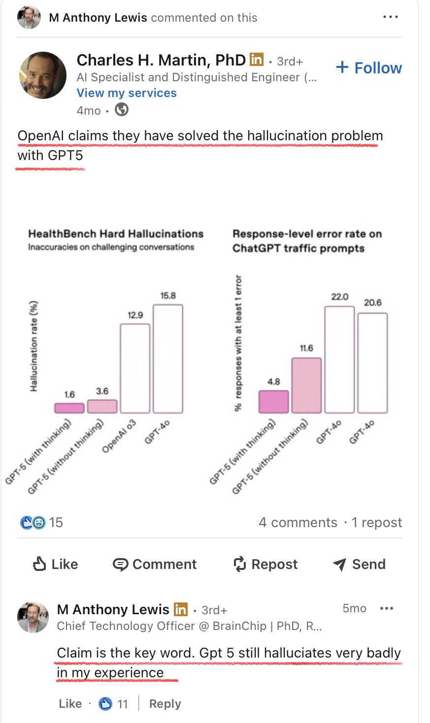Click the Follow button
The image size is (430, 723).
tap(369, 68)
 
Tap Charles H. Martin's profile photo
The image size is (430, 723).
tap(43, 75)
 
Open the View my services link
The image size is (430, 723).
tap(127, 93)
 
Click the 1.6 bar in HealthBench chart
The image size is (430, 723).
tap(69, 408)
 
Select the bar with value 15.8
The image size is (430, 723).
tap(168, 359)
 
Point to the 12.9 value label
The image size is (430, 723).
tap(135, 315)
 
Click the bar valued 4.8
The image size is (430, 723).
tap(274, 402)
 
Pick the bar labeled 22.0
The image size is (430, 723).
tap(339, 359)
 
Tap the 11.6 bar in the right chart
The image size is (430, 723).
tap(306, 385)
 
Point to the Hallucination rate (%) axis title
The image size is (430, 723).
tap(34, 346)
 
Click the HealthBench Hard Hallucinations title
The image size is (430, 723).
tap(116, 234)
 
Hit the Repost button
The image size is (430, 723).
tap(265, 564)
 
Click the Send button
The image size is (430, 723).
tap(359, 564)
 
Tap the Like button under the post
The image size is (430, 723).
tap(55, 564)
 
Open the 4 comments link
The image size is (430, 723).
tap(298, 523)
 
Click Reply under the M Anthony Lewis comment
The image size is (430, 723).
tap(165, 704)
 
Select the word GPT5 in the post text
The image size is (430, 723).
tap(66, 156)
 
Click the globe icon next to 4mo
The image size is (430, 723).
tap(122, 110)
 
